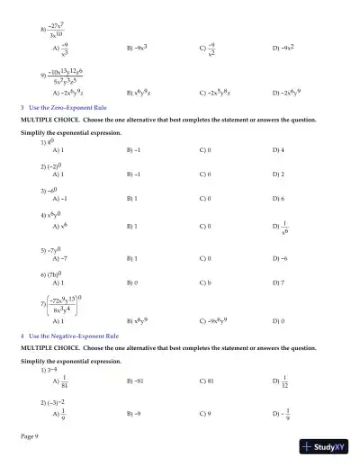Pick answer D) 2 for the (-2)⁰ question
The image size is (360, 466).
pyautogui.click(x=278, y=174)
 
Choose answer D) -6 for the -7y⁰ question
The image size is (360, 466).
pyautogui.click(x=280, y=258)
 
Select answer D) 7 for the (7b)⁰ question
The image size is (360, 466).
pyautogui.click(x=278, y=282)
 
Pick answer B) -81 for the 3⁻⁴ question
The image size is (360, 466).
pyautogui.click(x=137, y=381)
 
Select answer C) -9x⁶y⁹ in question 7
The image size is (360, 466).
pyautogui.click(x=214, y=320)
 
